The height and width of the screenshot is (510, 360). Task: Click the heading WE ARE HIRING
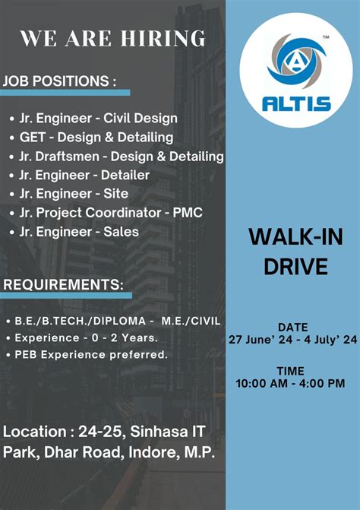click(112, 38)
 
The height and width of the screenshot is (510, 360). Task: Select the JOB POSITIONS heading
click(60, 81)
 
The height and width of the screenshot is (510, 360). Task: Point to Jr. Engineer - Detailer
click(84, 175)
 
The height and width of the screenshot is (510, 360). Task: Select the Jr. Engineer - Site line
click(74, 194)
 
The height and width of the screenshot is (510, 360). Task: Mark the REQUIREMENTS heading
click(64, 285)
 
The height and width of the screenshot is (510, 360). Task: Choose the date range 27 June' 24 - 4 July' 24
click(292, 340)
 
